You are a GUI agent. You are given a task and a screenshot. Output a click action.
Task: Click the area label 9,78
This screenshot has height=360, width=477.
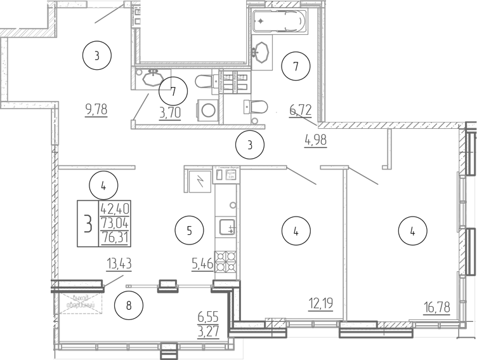point(96,109)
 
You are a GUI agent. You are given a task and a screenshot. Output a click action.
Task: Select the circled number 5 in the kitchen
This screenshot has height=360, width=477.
point(189,230)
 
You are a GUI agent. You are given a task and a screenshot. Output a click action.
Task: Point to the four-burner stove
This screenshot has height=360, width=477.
point(227,261)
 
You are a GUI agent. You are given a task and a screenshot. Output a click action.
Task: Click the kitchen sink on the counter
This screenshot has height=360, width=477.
point(227,227)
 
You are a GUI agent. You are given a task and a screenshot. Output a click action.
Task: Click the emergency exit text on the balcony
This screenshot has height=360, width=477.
point(79,303)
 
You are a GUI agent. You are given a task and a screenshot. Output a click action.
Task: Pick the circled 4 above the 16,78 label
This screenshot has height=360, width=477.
point(412,232)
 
